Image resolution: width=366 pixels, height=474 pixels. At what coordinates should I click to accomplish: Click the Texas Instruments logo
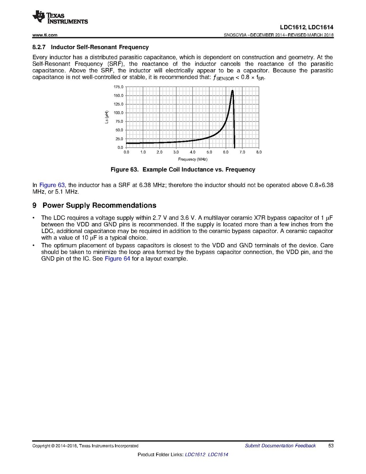tap(60, 17)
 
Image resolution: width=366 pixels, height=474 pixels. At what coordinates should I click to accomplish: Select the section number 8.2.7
tap(40, 47)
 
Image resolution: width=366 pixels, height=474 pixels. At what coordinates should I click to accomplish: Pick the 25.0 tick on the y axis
tap(119, 139)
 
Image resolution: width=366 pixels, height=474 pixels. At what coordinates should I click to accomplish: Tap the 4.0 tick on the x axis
tap(192, 152)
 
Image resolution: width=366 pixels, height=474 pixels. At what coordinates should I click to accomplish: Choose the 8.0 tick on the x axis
tap(259, 152)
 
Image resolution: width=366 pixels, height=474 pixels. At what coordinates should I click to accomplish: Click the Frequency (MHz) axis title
tap(192, 159)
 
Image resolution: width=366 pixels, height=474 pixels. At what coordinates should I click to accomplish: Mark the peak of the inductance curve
tap(232, 91)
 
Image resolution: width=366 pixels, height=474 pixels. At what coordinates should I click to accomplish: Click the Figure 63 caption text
tap(183, 170)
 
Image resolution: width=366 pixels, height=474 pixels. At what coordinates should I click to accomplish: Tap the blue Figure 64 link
tap(117, 259)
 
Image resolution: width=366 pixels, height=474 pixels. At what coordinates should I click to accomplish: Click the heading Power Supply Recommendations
tap(99, 205)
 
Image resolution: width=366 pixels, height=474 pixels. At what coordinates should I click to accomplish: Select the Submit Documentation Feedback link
tap(280, 446)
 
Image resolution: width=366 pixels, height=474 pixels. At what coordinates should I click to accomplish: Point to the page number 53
tap(331, 446)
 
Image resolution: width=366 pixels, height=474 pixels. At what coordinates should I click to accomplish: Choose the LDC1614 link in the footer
tap(218, 455)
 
